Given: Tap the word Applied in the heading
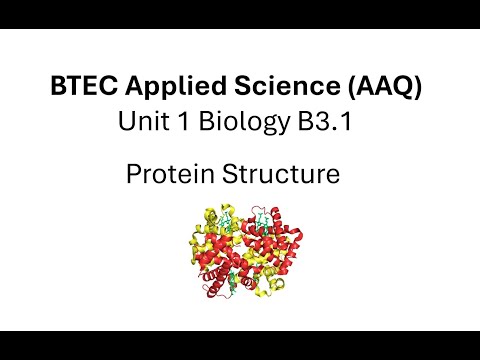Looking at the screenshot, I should pyautogui.click(x=168, y=87).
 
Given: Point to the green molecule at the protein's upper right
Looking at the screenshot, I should pyautogui.click(x=263, y=217).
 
